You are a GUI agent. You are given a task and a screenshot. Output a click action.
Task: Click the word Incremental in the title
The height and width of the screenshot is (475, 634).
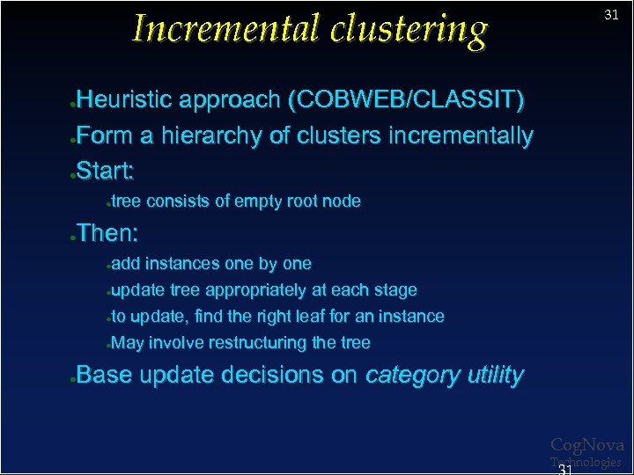click(225, 28)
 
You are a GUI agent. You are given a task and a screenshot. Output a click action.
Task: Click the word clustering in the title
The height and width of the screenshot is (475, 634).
click(409, 30)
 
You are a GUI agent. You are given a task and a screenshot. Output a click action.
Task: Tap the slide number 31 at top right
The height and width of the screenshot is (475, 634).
click(611, 15)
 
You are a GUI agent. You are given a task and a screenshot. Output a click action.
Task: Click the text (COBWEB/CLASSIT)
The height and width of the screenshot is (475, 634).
click(406, 100)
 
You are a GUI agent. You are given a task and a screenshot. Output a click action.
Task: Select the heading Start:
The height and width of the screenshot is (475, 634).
click(105, 170)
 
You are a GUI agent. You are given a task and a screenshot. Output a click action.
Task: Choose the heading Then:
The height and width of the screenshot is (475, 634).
click(107, 233)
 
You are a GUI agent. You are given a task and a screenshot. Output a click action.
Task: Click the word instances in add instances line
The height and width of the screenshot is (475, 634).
click(182, 264)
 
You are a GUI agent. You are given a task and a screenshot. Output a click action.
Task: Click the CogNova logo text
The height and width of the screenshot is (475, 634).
click(586, 446)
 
